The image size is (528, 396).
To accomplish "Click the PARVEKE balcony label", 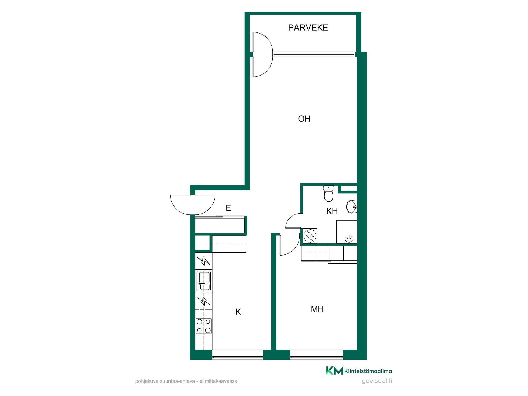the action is point(308,28).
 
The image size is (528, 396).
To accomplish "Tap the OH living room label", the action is point(304,119).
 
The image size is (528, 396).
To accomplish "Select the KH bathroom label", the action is point(332,211).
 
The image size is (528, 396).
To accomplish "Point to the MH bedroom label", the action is point(317,309).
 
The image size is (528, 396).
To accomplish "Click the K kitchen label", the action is point(238,312).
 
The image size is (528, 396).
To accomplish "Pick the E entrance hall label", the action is point(228,208).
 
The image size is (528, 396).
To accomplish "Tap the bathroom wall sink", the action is point(352,207).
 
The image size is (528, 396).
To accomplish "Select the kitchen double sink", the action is point(204,281).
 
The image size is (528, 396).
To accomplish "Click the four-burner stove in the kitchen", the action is point(204,326).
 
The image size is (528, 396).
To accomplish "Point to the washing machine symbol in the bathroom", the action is point(310,236).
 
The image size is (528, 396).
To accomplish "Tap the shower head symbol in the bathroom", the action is point(349,239).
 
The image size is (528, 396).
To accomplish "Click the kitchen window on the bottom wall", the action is point(238,355).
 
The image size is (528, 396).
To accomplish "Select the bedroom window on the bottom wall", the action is point(317,355).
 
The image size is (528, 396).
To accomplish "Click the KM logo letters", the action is point(334,370).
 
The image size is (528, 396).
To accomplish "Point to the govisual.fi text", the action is point(377,381).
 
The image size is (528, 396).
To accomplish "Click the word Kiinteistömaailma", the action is point(368,371).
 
